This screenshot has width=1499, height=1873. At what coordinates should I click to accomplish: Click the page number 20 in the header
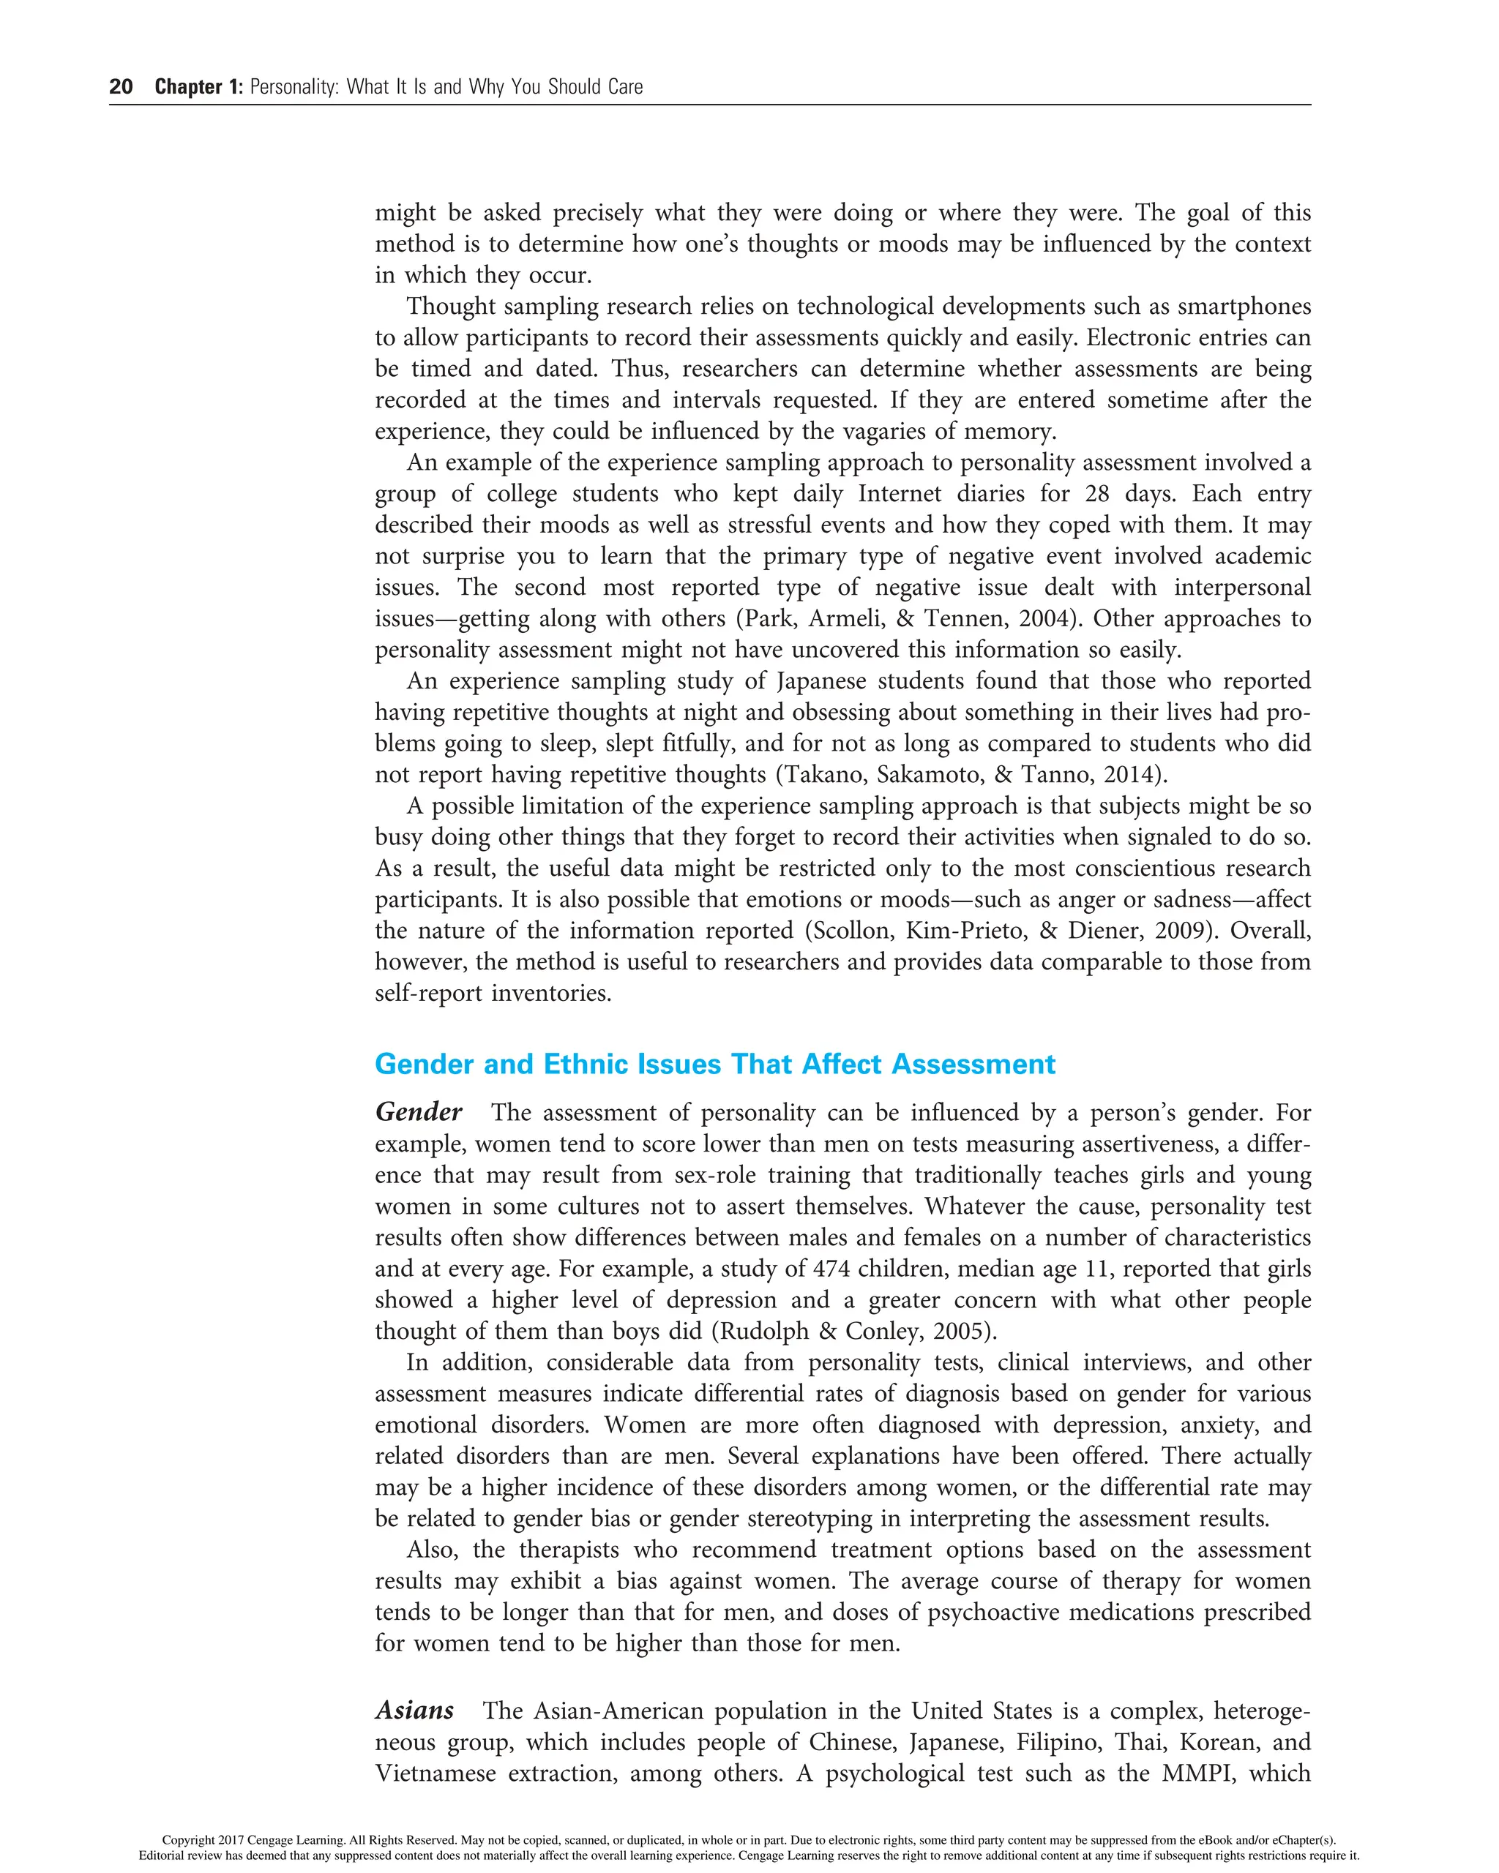click(121, 87)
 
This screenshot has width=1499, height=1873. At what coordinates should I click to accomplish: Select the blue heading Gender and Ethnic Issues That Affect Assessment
click(714, 1065)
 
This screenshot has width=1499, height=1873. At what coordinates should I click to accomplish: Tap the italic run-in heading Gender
click(418, 1113)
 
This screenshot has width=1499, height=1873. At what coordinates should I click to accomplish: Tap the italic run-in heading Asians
click(414, 1711)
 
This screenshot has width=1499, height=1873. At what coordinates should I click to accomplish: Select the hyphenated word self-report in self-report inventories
click(427, 994)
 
